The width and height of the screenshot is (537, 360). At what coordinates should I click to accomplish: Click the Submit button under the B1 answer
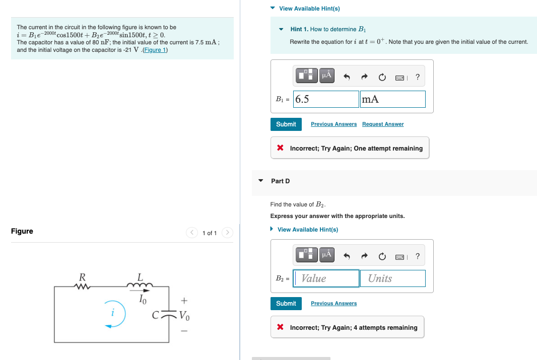pos(286,124)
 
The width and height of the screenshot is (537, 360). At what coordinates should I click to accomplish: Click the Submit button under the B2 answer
pos(286,304)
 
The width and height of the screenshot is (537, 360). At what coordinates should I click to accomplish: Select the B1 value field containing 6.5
pos(326,99)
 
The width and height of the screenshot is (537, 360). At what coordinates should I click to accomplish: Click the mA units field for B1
pos(392,99)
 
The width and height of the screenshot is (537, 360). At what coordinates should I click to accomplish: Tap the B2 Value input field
pos(326,278)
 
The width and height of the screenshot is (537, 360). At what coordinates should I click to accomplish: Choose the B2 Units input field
pos(392,278)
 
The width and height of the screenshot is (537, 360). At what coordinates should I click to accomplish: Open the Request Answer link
pos(382,124)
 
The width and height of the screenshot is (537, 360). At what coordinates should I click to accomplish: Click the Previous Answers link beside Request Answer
pos(333,124)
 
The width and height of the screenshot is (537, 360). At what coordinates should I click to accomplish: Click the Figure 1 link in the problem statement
pos(155,50)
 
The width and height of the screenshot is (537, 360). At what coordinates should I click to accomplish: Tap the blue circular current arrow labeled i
pos(114,314)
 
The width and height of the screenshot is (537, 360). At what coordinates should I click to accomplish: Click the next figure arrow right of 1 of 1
pos(227,233)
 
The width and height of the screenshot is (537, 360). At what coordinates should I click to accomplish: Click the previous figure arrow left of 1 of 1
pos(192,233)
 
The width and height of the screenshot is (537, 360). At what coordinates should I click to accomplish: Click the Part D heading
pos(280,181)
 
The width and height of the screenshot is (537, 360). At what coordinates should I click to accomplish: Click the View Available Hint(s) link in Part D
pos(307,230)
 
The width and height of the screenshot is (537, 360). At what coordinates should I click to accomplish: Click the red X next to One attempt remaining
pos(280,149)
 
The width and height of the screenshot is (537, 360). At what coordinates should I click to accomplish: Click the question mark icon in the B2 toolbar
pos(418,256)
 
